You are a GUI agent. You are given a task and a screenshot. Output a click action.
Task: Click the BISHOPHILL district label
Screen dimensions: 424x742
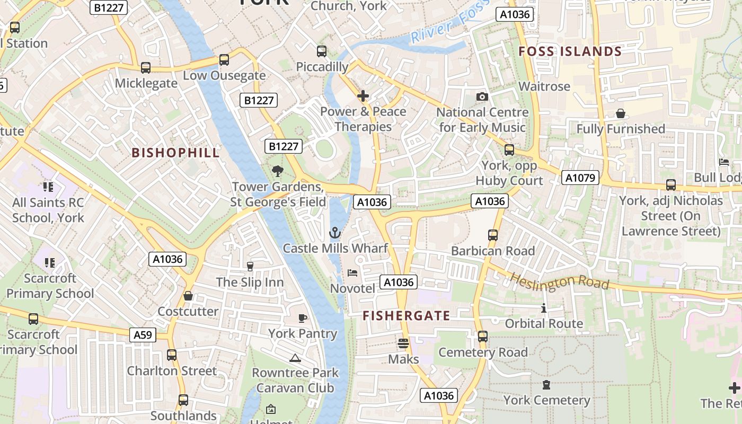pos(175,153)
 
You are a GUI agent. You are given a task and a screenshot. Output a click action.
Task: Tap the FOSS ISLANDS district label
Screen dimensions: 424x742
pos(570,51)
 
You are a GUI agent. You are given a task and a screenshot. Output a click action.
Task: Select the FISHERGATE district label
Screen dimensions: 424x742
pos(406,316)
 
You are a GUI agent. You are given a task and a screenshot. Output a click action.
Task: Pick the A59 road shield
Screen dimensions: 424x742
pos(143,334)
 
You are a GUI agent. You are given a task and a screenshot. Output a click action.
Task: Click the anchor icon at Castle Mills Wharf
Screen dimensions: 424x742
pos(335,232)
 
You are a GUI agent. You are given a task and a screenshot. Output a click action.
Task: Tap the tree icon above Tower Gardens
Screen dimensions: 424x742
pos(277,171)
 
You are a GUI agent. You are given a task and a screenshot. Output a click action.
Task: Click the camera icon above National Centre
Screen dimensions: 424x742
pos(482,96)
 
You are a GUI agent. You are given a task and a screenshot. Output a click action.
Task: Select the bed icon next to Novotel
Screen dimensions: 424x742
pos(352,273)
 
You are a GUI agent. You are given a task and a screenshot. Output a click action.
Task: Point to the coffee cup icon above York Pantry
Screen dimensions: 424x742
pos(302,318)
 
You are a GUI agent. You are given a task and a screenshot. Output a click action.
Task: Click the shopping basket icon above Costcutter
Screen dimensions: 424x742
pos(188,296)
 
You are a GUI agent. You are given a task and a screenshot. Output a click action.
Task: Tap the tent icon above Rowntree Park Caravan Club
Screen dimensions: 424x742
pos(295,358)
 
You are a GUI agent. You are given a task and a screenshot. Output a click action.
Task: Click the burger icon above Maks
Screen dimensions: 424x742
pos(403,343)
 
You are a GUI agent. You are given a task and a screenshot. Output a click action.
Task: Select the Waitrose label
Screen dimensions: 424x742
pos(544,86)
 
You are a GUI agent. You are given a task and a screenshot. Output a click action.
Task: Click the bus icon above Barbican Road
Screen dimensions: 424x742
pos(493,235)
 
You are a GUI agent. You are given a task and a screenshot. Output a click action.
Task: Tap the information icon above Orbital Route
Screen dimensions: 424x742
pos(544,308)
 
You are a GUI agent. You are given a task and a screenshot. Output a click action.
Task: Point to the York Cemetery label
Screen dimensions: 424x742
pos(546,400)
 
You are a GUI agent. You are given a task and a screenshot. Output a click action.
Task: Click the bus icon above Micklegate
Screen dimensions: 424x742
pos(146,68)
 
